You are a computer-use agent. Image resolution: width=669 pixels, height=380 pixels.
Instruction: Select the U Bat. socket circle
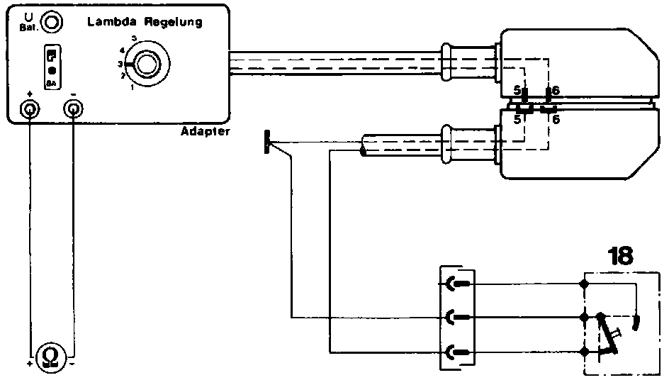click(x=50, y=22)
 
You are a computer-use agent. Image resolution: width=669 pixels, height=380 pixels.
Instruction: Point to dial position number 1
click(x=132, y=88)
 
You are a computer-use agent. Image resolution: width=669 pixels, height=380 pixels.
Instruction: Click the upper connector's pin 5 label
click(x=517, y=91)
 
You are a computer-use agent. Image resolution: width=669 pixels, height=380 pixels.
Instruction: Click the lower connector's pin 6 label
click(x=556, y=120)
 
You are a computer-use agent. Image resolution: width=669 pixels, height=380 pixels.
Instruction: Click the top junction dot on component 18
click(x=584, y=285)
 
